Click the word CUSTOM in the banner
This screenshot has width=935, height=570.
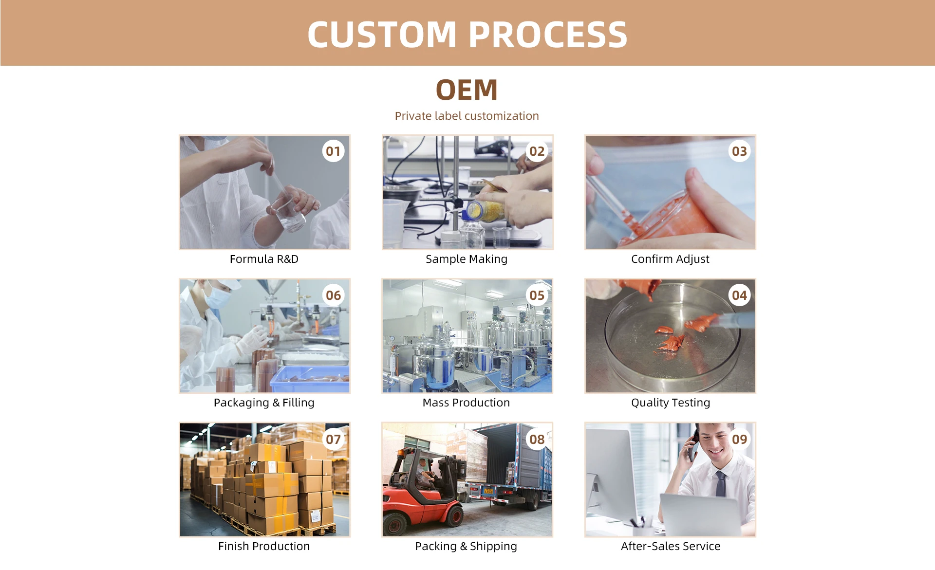pyautogui.click(x=381, y=35)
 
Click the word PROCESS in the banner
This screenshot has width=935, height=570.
pyautogui.click(x=548, y=35)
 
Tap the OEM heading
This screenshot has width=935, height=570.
pyautogui.click(x=467, y=90)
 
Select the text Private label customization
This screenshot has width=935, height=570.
pyautogui.click(x=467, y=116)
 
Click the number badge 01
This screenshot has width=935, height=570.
pyautogui.click(x=333, y=151)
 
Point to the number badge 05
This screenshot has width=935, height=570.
pyautogui.click(x=537, y=295)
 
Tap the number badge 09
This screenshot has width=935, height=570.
pyautogui.click(x=739, y=440)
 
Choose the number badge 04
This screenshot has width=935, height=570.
pyautogui.click(x=739, y=295)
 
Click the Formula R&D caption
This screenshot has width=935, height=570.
pyautogui.click(x=264, y=259)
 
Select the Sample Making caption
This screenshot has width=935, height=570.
pyautogui.click(x=467, y=259)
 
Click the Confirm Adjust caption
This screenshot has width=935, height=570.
pyautogui.click(x=670, y=259)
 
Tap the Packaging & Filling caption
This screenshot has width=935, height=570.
pyautogui.click(x=264, y=403)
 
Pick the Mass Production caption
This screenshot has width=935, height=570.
pyautogui.click(x=466, y=403)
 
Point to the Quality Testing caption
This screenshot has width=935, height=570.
pyautogui.click(x=671, y=403)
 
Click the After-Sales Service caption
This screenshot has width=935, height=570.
pyautogui.click(x=671, y=546)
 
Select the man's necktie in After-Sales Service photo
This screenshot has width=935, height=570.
pyautogui.click(x=720, y=484)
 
